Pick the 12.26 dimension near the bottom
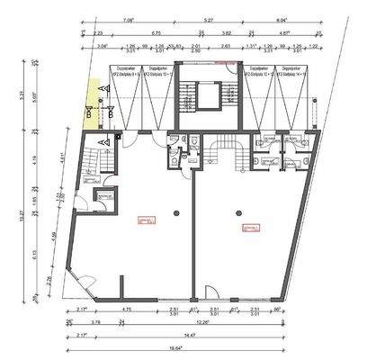[204, 322]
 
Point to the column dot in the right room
[239, 213]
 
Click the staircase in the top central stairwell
[189, 99]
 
